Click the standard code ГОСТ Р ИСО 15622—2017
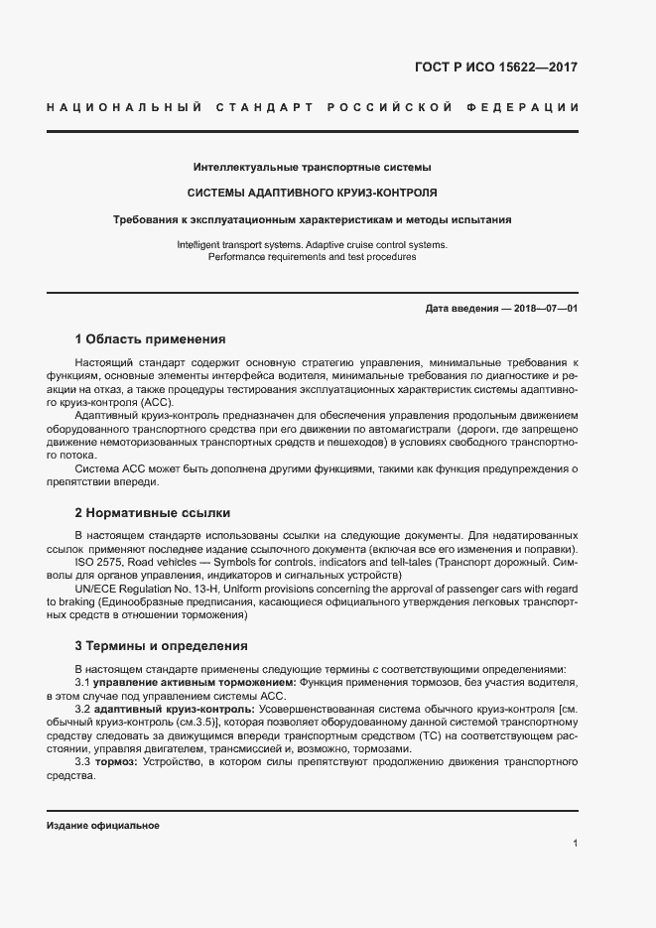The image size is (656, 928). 496,68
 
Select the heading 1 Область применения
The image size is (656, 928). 151,338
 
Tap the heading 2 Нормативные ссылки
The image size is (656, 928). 152,513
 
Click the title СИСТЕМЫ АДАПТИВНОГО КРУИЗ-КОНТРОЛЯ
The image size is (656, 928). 313,193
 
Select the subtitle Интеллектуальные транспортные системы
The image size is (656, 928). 312,167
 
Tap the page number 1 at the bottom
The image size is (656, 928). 575,844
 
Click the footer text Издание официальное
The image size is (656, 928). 103,826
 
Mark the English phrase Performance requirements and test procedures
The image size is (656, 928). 312,257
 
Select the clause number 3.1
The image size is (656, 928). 83,683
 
